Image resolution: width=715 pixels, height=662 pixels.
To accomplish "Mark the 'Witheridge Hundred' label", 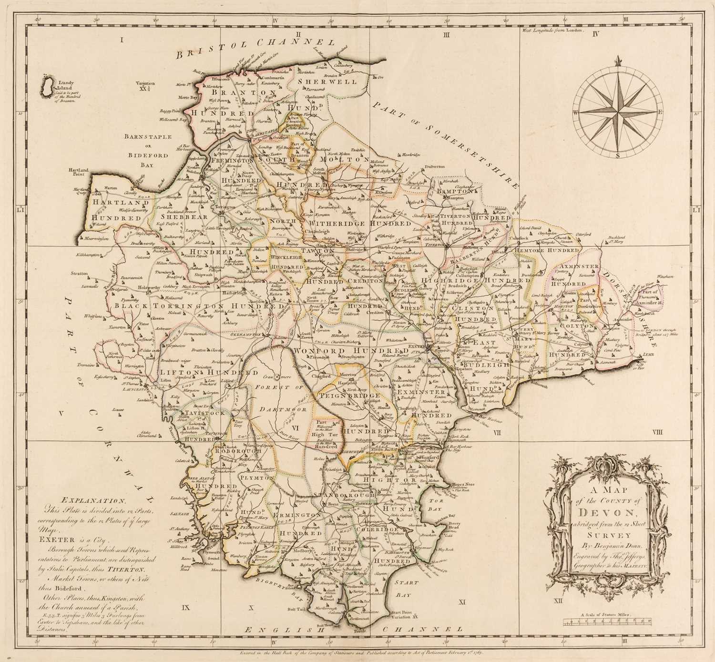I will tap(359, 223).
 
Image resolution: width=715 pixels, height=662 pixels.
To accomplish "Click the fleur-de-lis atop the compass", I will tap(618, 61).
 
